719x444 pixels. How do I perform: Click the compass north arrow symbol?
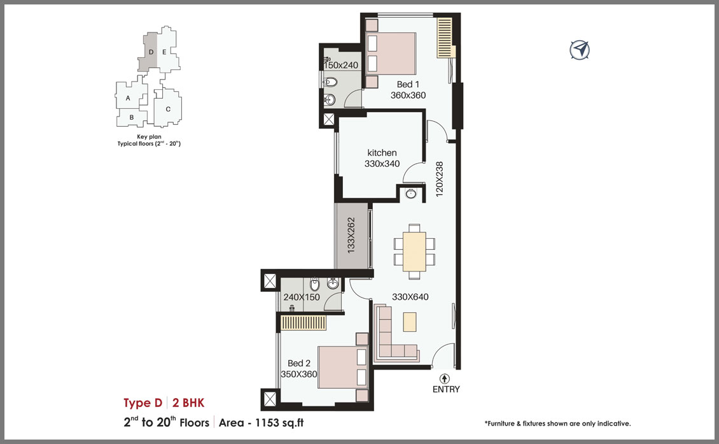tap(580, 50)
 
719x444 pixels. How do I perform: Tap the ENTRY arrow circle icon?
tap(444, 379)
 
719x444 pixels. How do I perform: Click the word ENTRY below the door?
tap(446, 389)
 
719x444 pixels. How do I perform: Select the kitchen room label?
tap(382, 153)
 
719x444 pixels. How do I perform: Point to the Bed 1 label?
tap(408, 85)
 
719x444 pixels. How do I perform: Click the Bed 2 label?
tap(299, 363)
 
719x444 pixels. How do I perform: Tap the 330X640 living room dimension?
tap(410, 297)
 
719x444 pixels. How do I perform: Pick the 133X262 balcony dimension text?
tap(351, 235)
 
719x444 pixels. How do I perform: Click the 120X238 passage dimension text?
tap(440, 179)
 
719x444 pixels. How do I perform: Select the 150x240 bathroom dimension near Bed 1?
tap(340, 65)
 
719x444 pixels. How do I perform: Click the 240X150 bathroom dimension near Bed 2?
tap(302, 297)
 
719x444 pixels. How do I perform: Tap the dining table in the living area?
tap(414, 252)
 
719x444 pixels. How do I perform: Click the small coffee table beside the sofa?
tap(410, 322)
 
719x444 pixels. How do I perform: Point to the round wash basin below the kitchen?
tap(411, 194)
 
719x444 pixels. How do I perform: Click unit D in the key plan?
tap(151, 52)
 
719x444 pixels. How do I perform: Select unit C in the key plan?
tap(168, 109)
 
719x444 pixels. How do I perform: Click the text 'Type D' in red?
tap(143, 403)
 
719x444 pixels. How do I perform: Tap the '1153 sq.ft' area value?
tap(279, 422)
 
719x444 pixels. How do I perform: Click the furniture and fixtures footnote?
tap(557, 424)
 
